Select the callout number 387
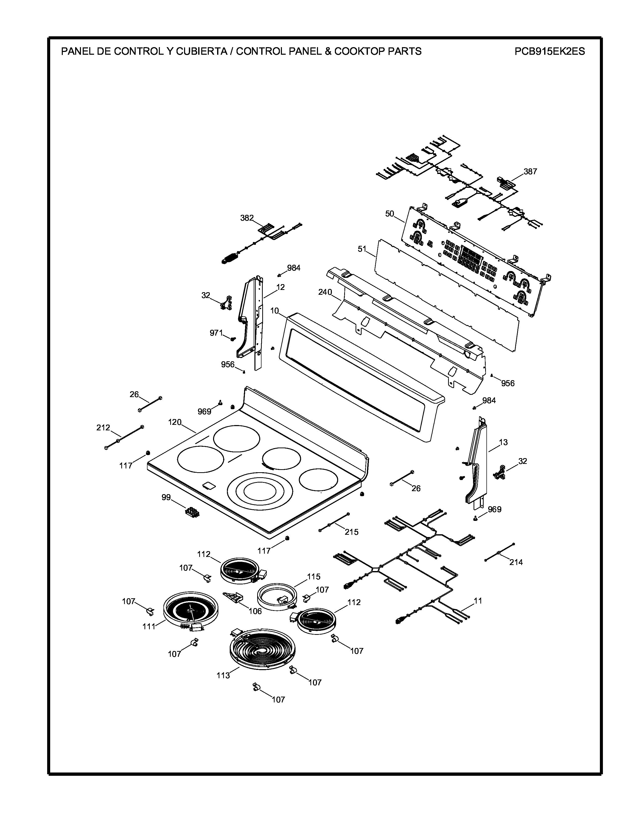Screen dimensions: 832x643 pyautogui.click(x=530, y=171)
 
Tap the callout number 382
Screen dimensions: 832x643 pyautogui.click(x=247, y=218)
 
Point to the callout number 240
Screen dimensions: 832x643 pyautogui.click(x=325, y=292)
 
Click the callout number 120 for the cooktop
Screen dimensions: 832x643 pyautogui.click(x=175, y=422)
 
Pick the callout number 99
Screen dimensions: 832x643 pyautogui.click(x=166, y=497)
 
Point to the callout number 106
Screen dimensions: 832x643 pyautogui.click(x=255, y=611)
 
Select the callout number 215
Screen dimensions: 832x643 pyautogui.click(x=351, y=532)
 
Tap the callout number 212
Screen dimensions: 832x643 pyautogui.click(x=103, y=427)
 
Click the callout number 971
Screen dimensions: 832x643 pyautogui.click(x=216, y=333)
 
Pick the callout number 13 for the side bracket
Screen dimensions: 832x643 pyautogui.click(x=503, y=442)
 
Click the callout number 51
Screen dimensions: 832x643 pyautogui.click(x=362, y=249)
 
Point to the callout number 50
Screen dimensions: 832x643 pyautogui.click(x=389, y=214)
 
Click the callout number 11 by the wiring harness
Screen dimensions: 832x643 pyautogui.click(x=478, y=601)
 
